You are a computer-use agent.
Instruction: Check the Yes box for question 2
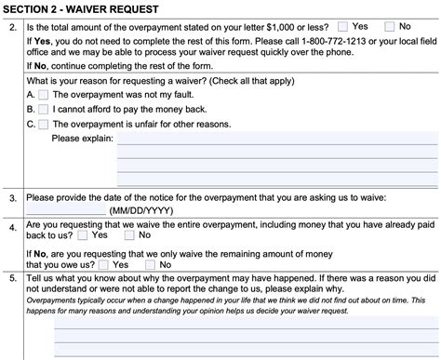[x=344, y=27]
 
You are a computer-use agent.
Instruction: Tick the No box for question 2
[x=390, y=27]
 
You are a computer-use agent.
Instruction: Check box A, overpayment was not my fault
[x=45, y=95]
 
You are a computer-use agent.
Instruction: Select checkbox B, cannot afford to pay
[x=45, y=109]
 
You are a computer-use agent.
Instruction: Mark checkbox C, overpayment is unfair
[x=45, y=123]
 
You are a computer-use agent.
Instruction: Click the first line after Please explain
[x=276, y=140]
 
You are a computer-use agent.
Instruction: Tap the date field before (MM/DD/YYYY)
[x=65, y=211]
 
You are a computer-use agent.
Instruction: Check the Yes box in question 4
[x=84, y=236]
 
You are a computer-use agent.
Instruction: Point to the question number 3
[x=11, y=198]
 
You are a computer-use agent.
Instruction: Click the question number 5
[x=11, y=278]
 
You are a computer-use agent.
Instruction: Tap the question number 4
[x=11, y=225]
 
